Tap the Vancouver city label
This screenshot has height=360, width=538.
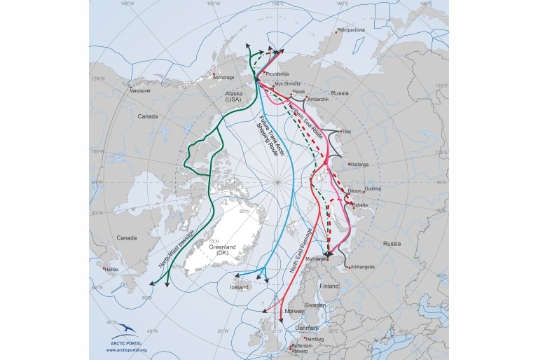pyautogui.click(x=140, y=91)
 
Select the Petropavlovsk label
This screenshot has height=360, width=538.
pyautogui.click(x=351, y=30)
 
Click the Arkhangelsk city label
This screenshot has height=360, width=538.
pyautogui.click(x=362, y=267)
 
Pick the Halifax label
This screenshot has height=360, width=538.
pyautogui.click(x=113, y=269)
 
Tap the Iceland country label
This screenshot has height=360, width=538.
pyautogui.click(x=239, y=286)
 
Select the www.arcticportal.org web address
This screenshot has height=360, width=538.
pyautogui.click(x=126, y=350)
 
